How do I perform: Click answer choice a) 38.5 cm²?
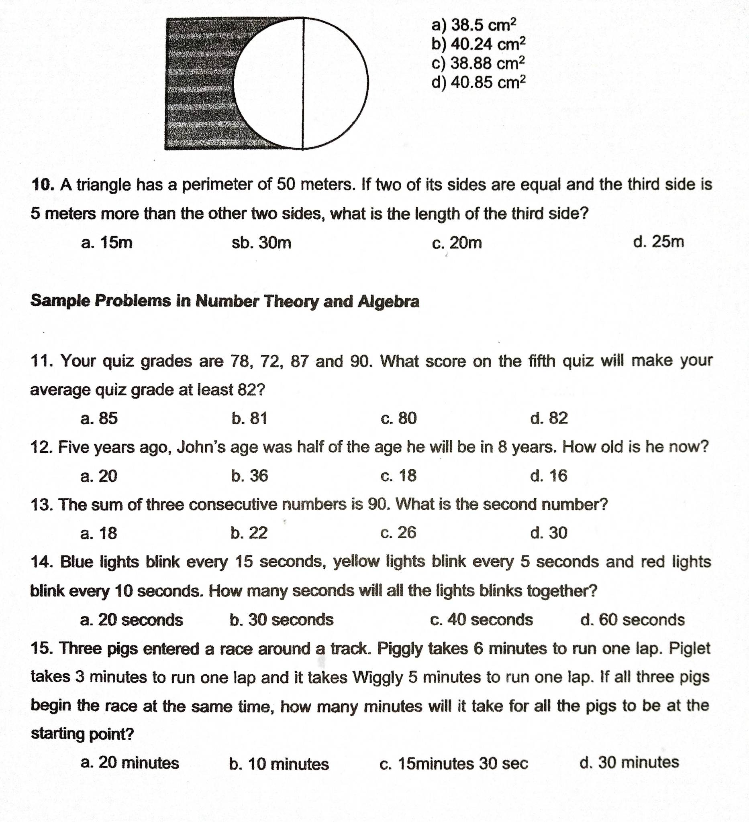pos(473,25)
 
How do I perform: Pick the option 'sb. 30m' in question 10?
pos(261,243)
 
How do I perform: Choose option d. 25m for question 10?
pos(658,242)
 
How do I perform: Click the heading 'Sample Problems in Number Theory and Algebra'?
pos(225,301)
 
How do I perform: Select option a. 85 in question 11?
pos(99,418)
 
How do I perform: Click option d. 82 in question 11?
pos(549,418)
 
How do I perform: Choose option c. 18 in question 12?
pos(398,476)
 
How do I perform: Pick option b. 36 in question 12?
pos(249,476)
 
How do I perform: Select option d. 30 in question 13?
pos(549,533)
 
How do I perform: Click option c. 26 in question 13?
pos(398,533)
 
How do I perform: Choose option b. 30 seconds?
pos(282,620)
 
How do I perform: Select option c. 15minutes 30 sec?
pos(454,763)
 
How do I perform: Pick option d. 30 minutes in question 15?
pos(629,763)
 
